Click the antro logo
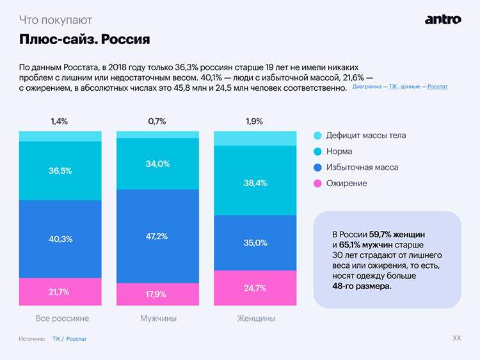pyautogui.click(x=442, y=19)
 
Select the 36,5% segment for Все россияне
pyautogui.click(x=60, y=171)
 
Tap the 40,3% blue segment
pyautogui.click(x=60, y=239)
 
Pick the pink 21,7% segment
pyautogui.click(x=60, y=292)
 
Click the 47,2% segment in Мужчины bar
pyautogui.click(x=157, y=236)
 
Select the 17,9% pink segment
pyautogui.click(x=157, y=294)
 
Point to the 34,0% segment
pyautogui.click(x=157, y=164)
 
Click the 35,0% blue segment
pyautogui.click(x=255, y=243)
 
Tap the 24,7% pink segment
pyautogui.click(x=255, y=288)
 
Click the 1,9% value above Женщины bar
pyautogui.click(x=254, y=121)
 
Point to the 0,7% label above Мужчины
pyautogui.click(x=157, y=121)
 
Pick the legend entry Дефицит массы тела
pyautogui.click(x=365, y=136)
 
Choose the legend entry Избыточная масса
pyautogui.click(x=362, y=168)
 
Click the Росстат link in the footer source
pyautogui.click(x=76, y=339)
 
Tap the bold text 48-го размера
pyautogui.click(x=362, y=286)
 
